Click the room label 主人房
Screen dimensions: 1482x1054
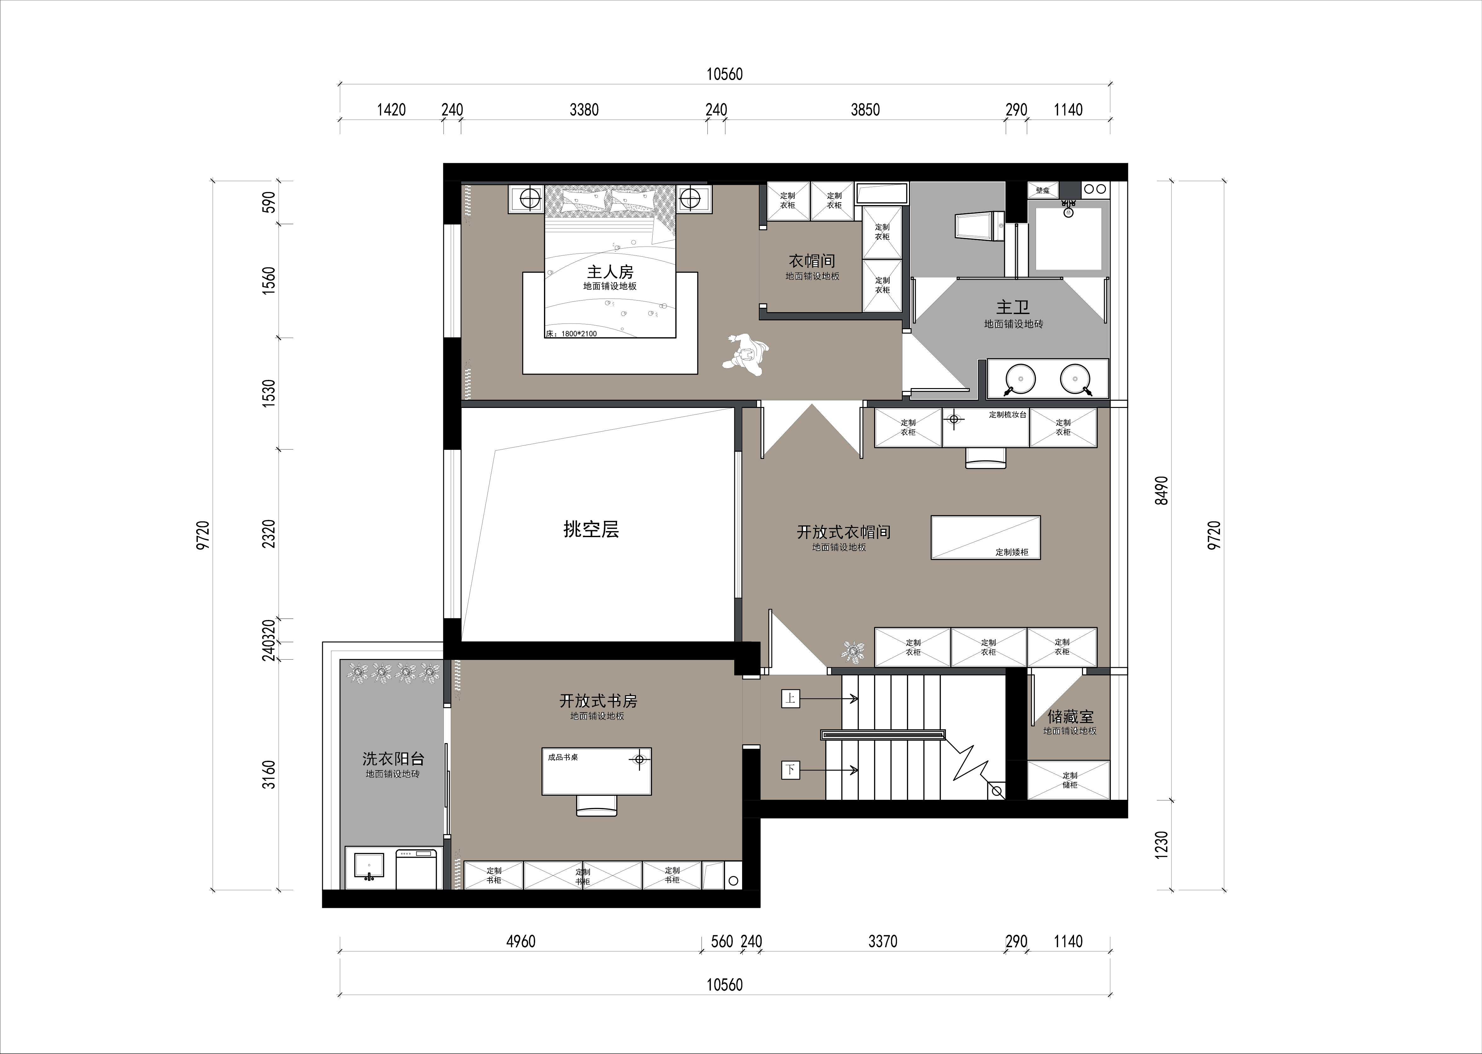610,272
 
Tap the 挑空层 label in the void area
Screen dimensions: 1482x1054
591,530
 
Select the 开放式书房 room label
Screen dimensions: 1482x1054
598,701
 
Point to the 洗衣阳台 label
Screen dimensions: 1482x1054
393,758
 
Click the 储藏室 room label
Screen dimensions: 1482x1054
1071,717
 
